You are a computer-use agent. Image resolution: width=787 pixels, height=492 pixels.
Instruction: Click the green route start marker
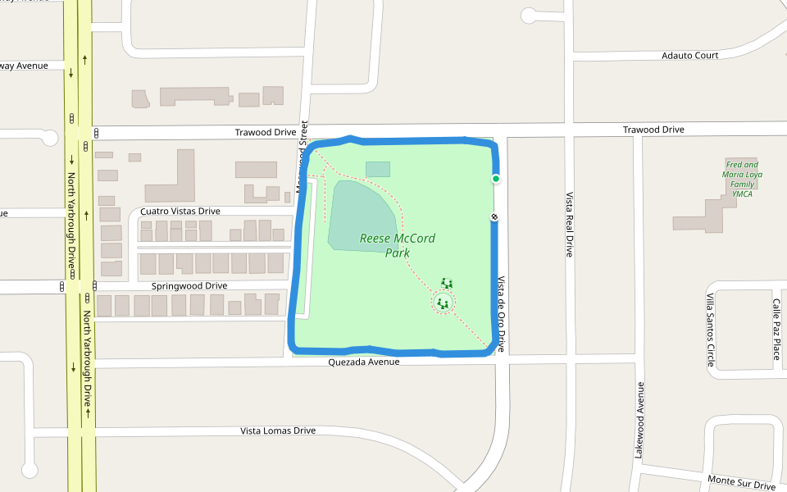coord(496,179)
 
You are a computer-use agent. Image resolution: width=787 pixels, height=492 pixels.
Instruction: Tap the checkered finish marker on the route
coord(495,216)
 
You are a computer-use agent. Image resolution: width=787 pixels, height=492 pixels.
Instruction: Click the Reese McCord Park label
coord(398,245)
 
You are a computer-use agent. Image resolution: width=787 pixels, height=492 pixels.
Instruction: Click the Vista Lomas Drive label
coord(278,430)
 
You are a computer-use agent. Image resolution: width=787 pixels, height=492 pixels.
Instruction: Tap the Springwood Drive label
coord(189,285)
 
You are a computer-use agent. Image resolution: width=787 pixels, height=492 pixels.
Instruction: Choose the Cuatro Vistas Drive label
coord(180,211)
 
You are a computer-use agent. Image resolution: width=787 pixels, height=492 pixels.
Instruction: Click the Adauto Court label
coord(690,56)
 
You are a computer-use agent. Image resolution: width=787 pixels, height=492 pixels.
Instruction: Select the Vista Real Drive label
coord(568,225)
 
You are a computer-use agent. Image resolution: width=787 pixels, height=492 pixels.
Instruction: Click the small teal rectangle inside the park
coord(378,169)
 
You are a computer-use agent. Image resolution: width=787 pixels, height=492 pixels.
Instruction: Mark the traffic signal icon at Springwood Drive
coord(61,286)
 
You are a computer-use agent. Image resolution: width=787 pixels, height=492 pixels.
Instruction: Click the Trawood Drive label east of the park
coord(653,130)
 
